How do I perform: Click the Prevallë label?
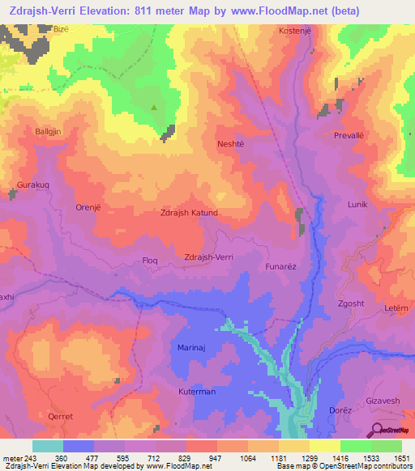(351, 136)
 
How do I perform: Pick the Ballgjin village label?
(49, 131)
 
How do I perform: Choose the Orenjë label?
(88, 206)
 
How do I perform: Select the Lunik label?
(357, 206)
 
